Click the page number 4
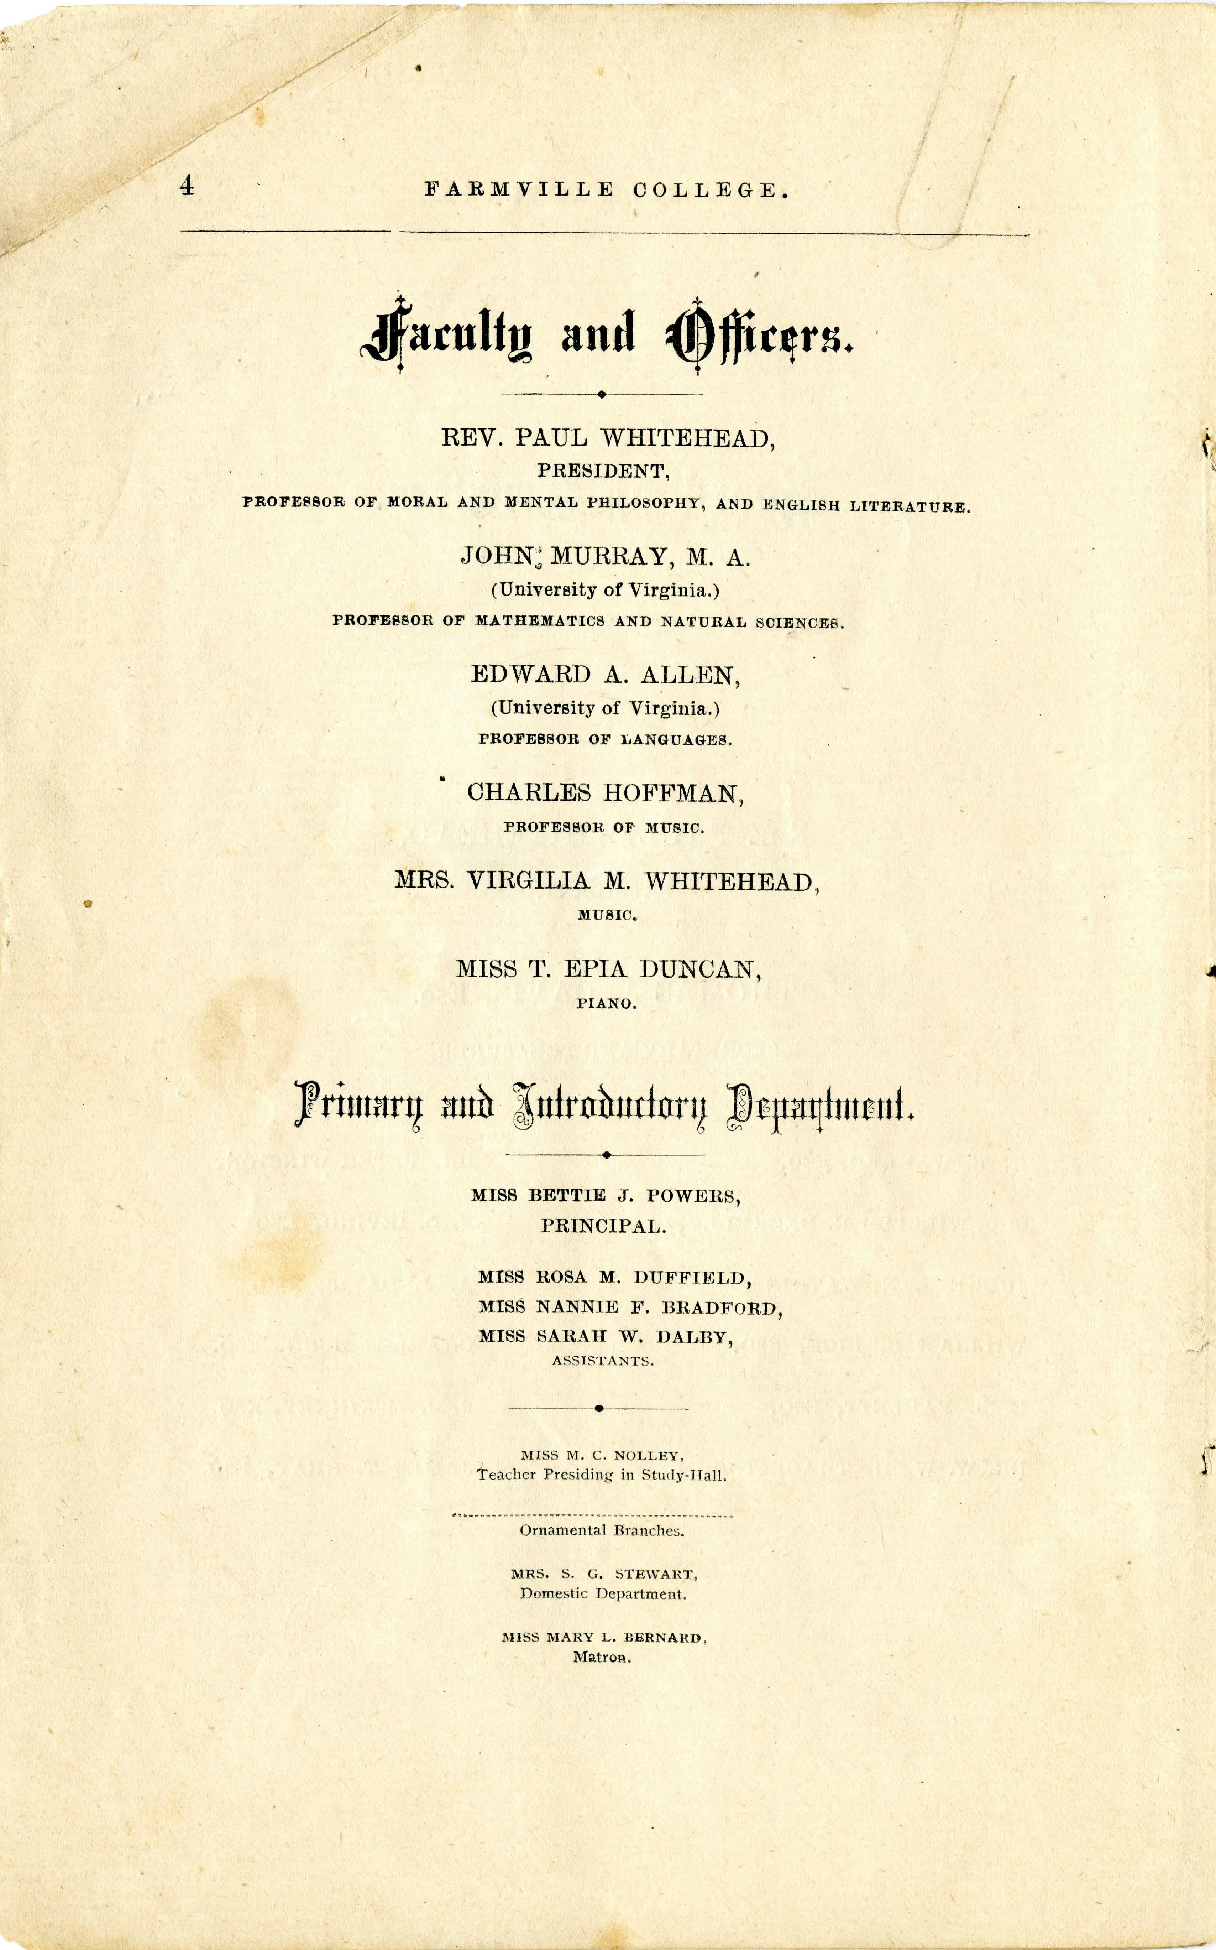[187, 187]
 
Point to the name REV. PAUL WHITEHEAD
[608, 438]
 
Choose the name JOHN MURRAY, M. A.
[605, 557]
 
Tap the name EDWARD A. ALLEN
[605, 675]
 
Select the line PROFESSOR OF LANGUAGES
[605, 739]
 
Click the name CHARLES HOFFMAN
[605, 793]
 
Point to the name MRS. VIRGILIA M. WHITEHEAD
[606, 882]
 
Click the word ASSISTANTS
[602, 1361]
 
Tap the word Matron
[602, 1657]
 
